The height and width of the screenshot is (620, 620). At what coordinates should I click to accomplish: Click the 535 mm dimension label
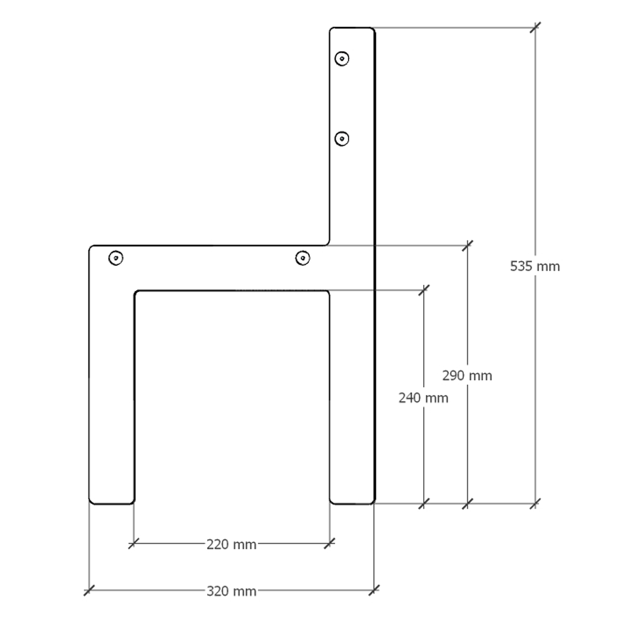click(x=534, y=266)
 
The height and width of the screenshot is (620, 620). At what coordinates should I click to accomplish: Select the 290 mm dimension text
click(x=467, y=375)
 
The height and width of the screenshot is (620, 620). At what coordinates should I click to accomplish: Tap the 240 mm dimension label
click(x=424, y=398)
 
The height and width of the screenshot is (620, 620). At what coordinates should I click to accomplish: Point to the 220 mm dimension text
click(x=231, y=545)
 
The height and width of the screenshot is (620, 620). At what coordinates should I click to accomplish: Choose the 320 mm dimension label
click(x=231, y=591)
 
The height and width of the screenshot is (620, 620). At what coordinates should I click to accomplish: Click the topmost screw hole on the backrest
click(x=342, y=59)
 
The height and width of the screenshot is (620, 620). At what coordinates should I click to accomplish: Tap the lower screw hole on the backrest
click(x=342, y=139)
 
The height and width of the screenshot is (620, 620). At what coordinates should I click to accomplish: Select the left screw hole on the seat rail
click(x=116, y=258)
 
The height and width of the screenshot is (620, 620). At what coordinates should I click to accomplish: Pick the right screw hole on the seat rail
click(x=303, y=258)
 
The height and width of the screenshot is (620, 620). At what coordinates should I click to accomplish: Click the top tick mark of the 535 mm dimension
click(x=536, y=28)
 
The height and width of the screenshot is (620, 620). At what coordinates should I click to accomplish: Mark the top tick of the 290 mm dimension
click(x=467, y=246)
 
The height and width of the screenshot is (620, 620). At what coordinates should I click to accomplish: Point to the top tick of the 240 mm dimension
click(x=424, y=290)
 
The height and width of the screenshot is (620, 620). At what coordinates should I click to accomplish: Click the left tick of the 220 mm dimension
click(x=134, y=543)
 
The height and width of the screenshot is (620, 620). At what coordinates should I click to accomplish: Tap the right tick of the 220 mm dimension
click(x=330, y=543)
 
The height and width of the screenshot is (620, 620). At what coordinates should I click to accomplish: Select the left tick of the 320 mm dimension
click(x=90, y=590)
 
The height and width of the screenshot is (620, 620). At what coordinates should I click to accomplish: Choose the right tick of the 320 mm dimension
click(x=374, y=590)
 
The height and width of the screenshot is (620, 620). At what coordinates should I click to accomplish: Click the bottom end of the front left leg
click(x=112, y=504)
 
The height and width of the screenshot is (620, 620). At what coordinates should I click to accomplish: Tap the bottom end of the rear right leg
click(x=352, y=504)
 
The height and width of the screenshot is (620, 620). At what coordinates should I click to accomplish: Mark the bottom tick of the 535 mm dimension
click(x=536, y=504)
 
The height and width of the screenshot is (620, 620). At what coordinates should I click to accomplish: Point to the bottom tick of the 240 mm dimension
click(x=424, y=504)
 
